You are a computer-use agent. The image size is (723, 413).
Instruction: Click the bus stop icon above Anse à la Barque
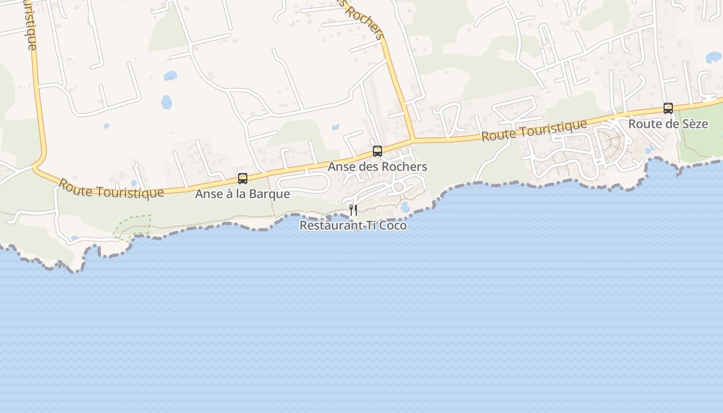243,179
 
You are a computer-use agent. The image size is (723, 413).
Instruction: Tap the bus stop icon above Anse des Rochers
378,151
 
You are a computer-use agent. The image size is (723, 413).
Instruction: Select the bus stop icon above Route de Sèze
668,108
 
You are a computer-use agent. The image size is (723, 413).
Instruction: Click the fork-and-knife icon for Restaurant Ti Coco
353,210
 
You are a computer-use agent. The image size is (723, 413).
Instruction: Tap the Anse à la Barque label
242,194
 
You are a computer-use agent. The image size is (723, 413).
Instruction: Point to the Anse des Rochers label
378,167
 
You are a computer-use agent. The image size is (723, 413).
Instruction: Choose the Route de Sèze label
668,124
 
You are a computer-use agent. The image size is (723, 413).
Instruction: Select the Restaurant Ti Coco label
353,226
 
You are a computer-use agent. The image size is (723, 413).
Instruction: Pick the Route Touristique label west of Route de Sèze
534,130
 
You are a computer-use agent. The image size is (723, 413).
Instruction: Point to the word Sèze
695,124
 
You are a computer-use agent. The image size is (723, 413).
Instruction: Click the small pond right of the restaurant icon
405,207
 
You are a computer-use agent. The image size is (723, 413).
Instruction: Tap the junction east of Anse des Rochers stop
413,139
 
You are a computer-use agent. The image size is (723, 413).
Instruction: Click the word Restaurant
328,226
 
